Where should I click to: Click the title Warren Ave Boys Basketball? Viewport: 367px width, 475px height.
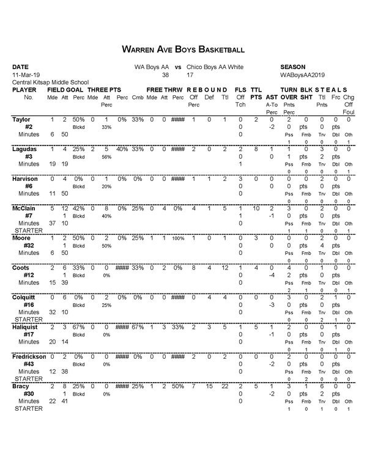point(183,48)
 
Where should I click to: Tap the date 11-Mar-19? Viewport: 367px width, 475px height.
point(24,74)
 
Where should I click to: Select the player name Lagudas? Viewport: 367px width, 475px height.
point(24,149)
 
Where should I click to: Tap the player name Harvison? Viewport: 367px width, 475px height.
point(25,179)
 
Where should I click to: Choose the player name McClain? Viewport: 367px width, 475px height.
point(23,208)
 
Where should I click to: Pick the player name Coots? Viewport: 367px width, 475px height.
point(21,268)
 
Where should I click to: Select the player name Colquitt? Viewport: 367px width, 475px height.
point(25,297)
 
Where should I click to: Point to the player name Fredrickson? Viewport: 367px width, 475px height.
point(30,357)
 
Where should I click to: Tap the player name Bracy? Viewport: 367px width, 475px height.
point(21,387)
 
